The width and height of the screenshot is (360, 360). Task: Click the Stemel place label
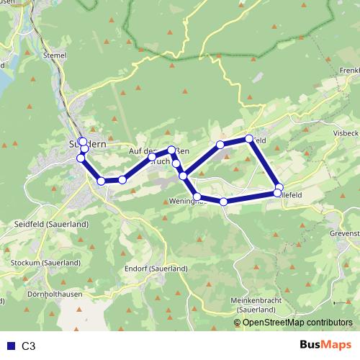[55, 53]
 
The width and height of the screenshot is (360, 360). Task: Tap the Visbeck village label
[346, 134]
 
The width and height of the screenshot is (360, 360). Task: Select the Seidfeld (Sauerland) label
[50, 225]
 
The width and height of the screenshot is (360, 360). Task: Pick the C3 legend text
[29, 346]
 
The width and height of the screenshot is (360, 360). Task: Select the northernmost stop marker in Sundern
[82, 141]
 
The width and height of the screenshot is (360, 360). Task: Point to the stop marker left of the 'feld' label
[249, 138]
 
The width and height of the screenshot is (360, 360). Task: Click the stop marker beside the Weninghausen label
[197, 197]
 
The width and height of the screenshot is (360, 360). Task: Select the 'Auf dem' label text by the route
[143, 151]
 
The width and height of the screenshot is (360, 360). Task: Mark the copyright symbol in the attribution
[238, 322]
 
